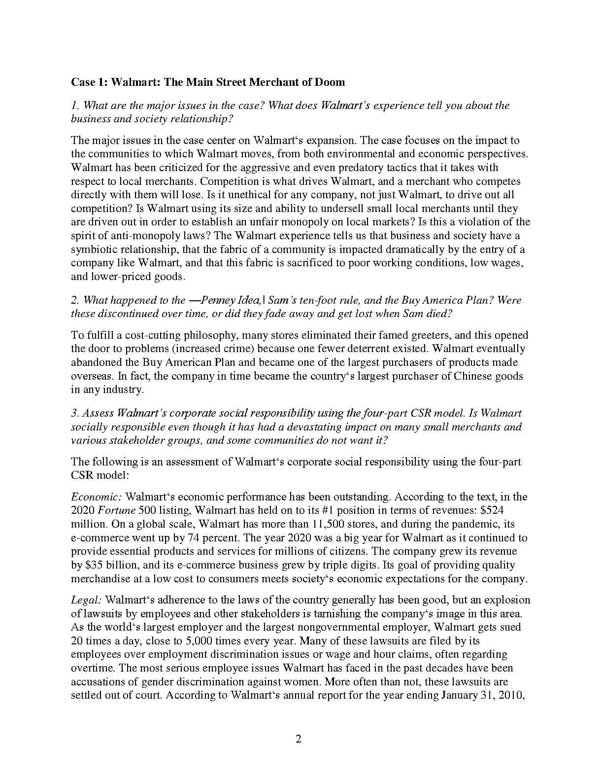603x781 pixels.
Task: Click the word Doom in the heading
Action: (331, 82)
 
